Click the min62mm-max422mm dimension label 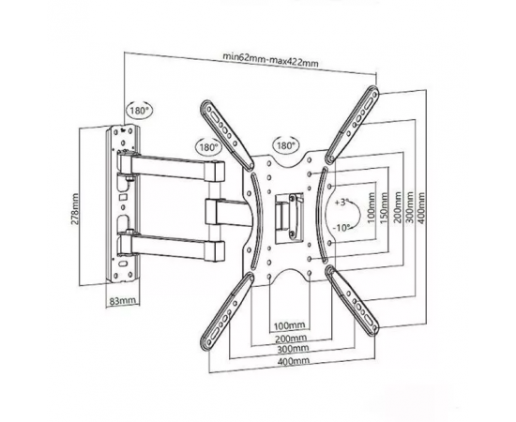click(x=270, y=59)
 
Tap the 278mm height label click(x=75, y=208)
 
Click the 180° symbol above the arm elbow click(x=208, y=146)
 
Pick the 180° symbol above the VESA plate click(x=285, y=145)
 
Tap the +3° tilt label click(x=341, y=202)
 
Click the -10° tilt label click(x=341, y=228)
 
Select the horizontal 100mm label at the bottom click(x=290, y=325)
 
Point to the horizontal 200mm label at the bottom click(x=291, y=338)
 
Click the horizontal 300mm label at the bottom click(x=293, y=348)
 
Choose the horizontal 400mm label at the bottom click(x=294, y=360)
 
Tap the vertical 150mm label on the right click(x=383, y=208)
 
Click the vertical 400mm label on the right click(x=421, y=208)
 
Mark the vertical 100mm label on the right click(x=372, y=208)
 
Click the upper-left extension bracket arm click(x=227, y=134)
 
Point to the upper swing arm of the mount click(x=172, y=168)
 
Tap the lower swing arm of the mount click(x=172, y=245)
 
